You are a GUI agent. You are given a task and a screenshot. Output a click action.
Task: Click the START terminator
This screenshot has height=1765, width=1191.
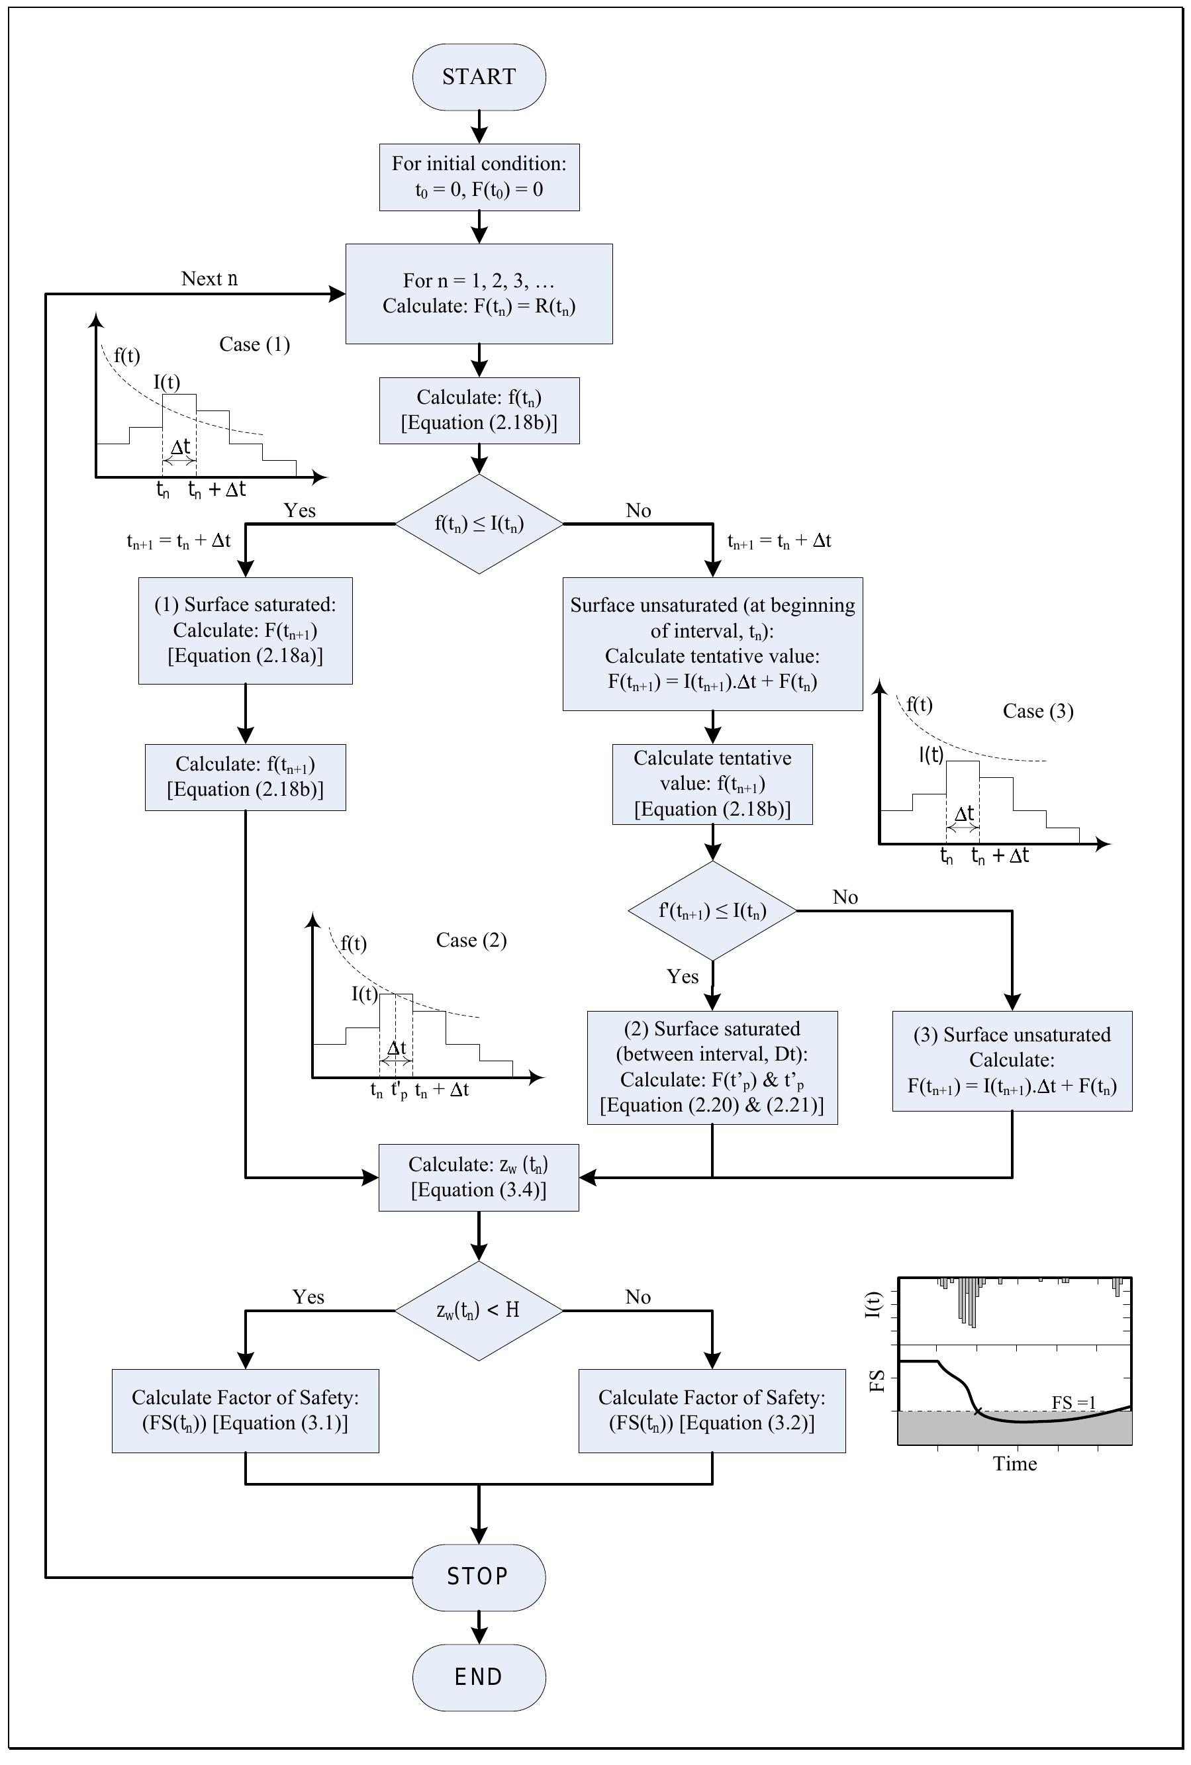(x=479, y=77)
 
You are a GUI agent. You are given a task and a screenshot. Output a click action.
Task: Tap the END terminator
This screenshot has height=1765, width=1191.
(x=479, y=1676)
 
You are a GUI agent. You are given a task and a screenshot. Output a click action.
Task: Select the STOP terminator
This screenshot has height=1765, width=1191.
(x=479, y=1576)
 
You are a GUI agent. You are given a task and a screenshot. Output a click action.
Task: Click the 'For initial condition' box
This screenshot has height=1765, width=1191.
(x=479, y=176)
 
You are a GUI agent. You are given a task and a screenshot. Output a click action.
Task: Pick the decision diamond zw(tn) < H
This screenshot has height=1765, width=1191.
(x=479, y=1310)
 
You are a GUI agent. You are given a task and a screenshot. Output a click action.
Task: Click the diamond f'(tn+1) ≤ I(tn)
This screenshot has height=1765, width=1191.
(x=712, y=910)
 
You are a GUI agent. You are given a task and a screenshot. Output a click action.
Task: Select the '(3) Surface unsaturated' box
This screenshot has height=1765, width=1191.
(x=1012, y=1061)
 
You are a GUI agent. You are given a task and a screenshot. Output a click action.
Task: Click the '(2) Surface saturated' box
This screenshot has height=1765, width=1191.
(x=712, y=1067)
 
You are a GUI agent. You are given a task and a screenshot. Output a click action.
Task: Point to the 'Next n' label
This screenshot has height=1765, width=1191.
(x=209, y=279)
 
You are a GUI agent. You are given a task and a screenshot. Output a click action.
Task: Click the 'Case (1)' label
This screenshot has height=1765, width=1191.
(x=254, y=345)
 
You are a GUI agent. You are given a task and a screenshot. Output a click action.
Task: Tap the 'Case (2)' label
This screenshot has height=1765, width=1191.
(x=471, y=940)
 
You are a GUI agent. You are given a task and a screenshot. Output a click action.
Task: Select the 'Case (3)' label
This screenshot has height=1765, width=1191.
(x=1037, y=712)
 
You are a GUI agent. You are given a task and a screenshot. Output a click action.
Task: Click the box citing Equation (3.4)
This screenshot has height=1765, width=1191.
(x=479, y=1177)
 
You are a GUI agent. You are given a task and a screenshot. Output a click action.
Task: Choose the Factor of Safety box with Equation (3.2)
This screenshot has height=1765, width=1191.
(x=712, y=1410)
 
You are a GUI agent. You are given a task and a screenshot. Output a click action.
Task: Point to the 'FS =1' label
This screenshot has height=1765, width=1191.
(x=1072, y=1402)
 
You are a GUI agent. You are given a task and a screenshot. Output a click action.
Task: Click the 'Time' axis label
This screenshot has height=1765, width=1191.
(x=1015, y=1464)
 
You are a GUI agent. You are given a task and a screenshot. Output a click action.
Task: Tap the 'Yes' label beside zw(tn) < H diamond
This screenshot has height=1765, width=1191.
(x=309, y=1296)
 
